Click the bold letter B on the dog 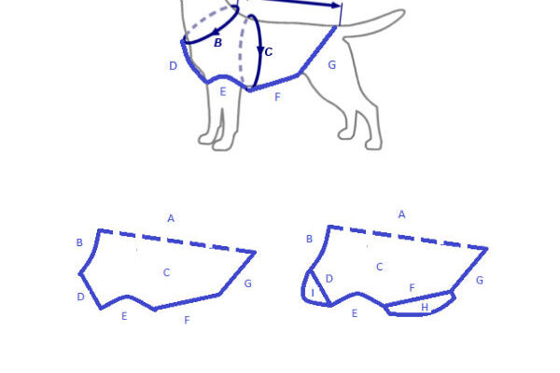tap(217, 43)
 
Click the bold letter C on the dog tap(269, 52)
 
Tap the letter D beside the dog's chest tap(173, 66)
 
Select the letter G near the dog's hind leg tap(331, 65)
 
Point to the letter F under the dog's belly tap(277, 97)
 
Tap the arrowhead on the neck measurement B tap(216, 32)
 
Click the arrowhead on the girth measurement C tap(260, 49)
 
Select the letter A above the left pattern tap(171, 218)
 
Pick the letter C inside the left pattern tap(166, 272)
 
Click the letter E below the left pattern tap(124, 316)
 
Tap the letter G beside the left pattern tap(248, 283)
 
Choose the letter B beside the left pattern tap(79, 242)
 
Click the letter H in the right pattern tap(425, 308)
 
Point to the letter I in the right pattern tap(313, 293)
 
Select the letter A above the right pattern tap(401, 214)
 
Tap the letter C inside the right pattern tap(380, 267)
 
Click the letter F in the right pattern tap(413, 288)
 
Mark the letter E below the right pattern tap(355, 313)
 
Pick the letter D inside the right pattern tap(329, 279)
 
